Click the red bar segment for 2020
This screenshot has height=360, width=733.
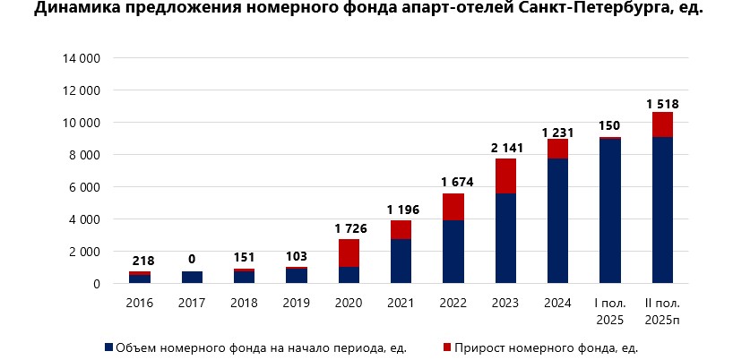coord(349,253)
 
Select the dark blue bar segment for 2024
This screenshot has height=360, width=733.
coord(556,220)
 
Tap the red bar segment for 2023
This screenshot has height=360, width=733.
coord(504,176)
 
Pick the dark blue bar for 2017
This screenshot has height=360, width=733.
coord(193,277)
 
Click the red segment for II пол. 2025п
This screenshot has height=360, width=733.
coord(662,124)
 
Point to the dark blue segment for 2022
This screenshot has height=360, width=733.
coord(453,252)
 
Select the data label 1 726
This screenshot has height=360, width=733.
coord(349,227)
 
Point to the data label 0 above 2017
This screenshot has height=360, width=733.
coord(193,259)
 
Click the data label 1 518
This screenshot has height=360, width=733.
coord(662,104)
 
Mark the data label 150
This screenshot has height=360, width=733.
coord(610,124)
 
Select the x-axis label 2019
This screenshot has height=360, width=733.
coord(297,303)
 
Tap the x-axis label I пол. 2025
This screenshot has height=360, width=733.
coord(610,309)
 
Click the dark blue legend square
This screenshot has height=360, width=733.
coord(109,347)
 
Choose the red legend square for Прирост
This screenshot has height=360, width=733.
coord(446,347)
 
